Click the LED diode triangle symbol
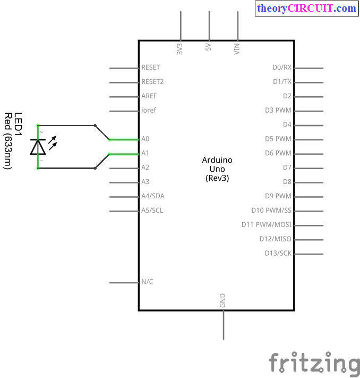click(x=38, y=147)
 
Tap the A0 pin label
click(x=145, y=139)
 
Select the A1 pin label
click(x=145, y=153)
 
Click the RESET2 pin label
click(x=152, y=82)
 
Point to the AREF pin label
click(x=149, y=96)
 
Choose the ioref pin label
click(x=149, y=110)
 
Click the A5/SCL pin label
click(x=152, y=210)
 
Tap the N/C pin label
click(x=147, y=282)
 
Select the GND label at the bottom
click(x=222, y=300)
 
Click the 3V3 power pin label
click(x=179, y=49)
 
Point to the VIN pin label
click(x=237, y=49)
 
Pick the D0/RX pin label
click(x=282, y=68)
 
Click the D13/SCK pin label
click(x=278, y=253)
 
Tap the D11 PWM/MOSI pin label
click(x=267, y=225)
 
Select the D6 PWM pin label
click(x=278, y=153)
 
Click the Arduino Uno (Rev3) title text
click(x=217, y=169)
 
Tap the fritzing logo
click(x=314, y=364)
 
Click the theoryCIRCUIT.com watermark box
click(x=307, y=9)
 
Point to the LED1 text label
click(x=18, y=124)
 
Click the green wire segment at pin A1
click(x=124, y=154)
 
